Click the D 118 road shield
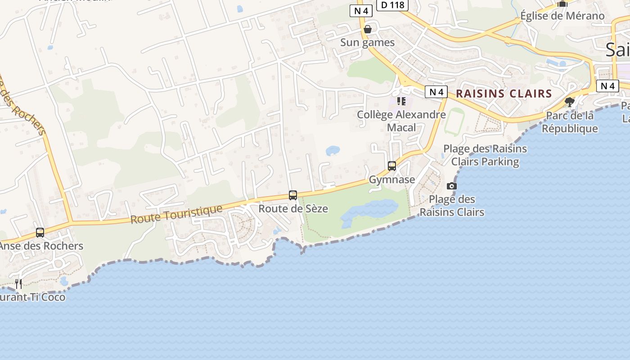392,4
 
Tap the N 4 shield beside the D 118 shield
361,11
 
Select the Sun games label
367,43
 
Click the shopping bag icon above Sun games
368,29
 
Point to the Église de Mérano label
562,16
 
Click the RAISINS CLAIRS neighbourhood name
504,94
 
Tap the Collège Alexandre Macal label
401,121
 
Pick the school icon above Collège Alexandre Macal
401,101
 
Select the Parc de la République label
569,122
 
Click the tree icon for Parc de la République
570,102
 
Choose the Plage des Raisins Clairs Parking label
485,155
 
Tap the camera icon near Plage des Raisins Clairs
452,186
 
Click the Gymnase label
392,180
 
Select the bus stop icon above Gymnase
392,166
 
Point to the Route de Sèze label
293,209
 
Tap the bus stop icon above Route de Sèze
293,195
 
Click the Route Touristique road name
176,214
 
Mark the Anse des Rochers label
41,246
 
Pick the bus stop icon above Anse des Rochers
40,233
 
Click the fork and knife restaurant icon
18,283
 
